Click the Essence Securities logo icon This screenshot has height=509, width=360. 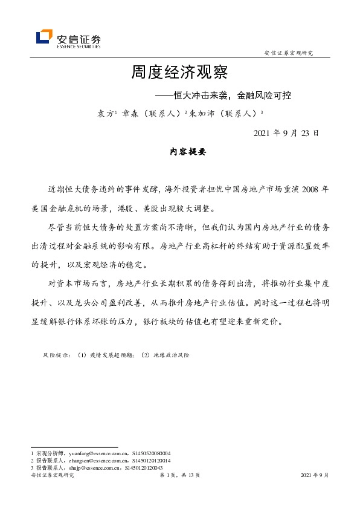(44, 37)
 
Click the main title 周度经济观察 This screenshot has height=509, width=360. (179, 73)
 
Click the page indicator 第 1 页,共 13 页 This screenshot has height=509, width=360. (179, 476)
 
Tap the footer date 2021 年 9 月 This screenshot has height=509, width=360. (314, 476)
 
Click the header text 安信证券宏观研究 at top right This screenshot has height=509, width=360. (289, 53)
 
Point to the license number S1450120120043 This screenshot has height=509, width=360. (143, 468)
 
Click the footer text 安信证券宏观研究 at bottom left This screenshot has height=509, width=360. (52, 476)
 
